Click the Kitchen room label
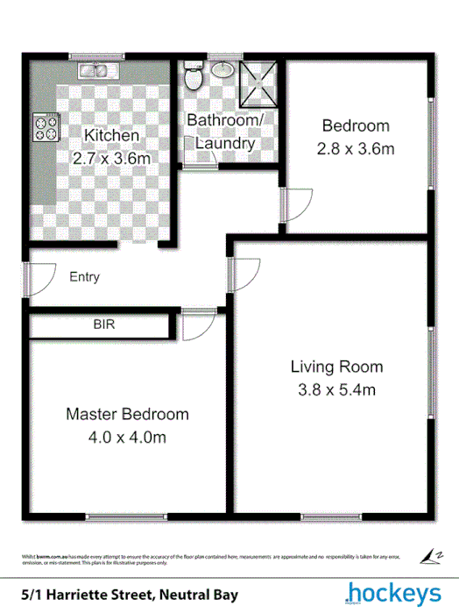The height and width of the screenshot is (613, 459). pyautogui.click(x=110, y=136)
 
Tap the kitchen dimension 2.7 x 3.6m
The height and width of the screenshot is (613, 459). pyautogui.click(x=110, y=159)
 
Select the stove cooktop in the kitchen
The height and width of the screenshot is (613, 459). pyautogui.click(x=45, y=129)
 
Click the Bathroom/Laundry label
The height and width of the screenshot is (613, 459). pyautogui.click(x=225, y=132)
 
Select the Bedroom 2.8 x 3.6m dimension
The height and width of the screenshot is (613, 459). pyautogui.click(x=355, y=148)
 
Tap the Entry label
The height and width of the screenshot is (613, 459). pyautogui.click(x=84, y=277)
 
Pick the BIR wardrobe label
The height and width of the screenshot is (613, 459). pyautogui.click(x=104, y=324)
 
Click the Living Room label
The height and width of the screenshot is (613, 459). pyautogui.click(x=336, y=367)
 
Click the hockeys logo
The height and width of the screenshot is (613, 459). pyautogui.click(x=392, y=593)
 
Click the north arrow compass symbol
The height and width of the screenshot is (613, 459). pyautogui.click(x=432, y=556)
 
